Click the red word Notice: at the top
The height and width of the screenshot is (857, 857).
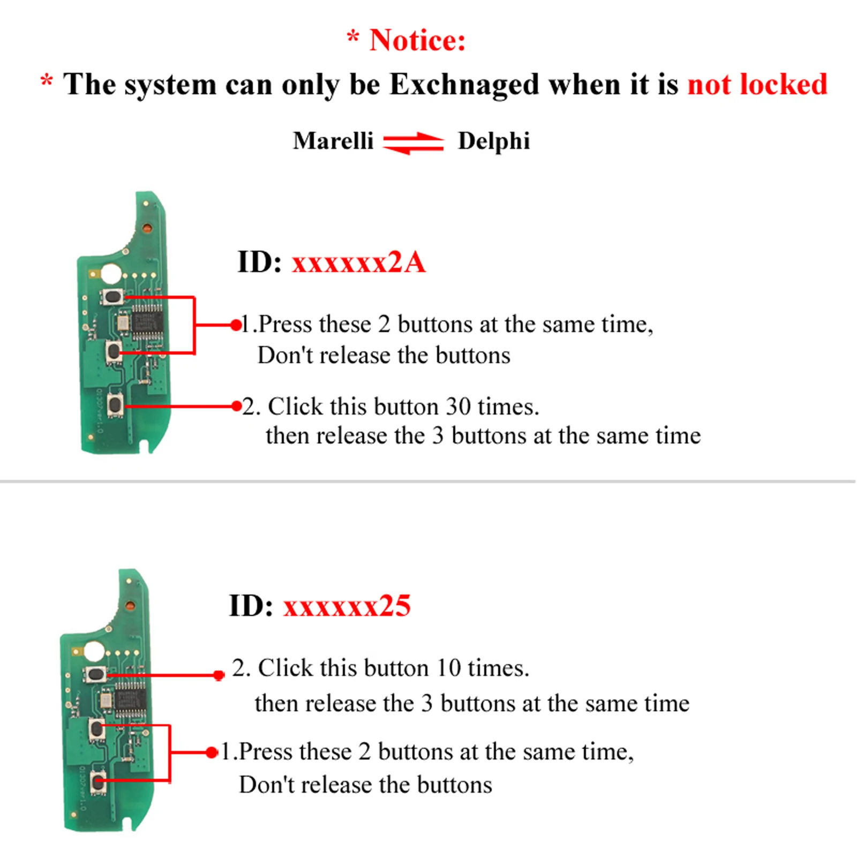417,41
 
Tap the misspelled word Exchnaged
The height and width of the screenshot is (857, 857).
464,85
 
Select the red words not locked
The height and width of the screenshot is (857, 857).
757,85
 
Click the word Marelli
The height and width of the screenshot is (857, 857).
333,141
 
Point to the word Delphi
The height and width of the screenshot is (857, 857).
494,141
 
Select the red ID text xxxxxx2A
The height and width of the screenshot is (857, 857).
359,262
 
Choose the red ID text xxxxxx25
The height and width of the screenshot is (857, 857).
347,606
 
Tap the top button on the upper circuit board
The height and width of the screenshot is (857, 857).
112,297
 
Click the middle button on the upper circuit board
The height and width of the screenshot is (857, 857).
113,352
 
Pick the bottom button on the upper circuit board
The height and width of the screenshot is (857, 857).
115,405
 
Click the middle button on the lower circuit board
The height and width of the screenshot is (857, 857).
97,728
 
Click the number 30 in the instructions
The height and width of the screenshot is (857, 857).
458,407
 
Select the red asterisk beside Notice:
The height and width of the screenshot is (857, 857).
352,37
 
